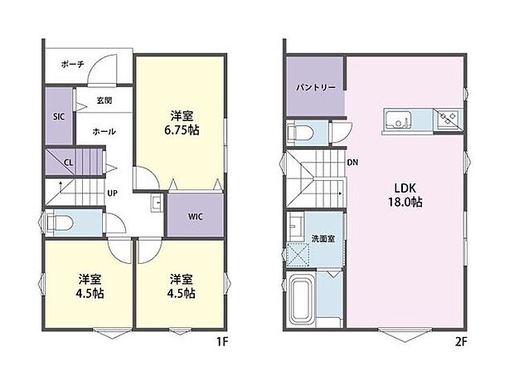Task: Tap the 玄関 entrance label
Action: (104, 101)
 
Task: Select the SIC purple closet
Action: (59, 118)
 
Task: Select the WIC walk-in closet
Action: (196, 217)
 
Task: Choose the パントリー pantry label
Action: (313, 86)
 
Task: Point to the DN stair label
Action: (352, 162)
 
